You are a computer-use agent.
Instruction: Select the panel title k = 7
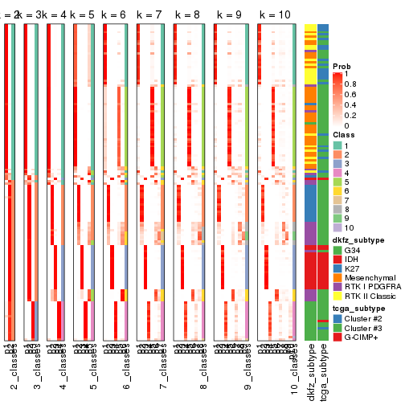[x=150, y=15]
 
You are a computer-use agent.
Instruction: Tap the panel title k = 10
[x=275, y=15]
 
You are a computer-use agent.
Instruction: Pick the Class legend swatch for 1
[x=337, y=145]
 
